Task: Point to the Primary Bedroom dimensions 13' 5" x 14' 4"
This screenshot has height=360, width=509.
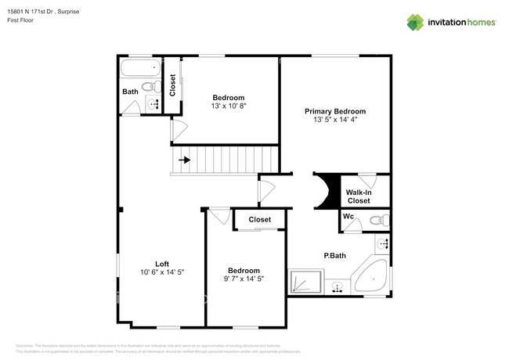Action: [x=334, y=121]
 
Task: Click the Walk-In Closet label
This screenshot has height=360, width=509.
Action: [x=359, y=196]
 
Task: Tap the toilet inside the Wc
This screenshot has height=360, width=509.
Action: [x=378, y=221]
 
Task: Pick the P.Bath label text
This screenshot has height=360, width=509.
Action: [x=335, y=256]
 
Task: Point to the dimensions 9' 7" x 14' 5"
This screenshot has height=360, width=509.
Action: [x=244, y=279]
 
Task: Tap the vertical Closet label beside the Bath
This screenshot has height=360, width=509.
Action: [x=172, y=85]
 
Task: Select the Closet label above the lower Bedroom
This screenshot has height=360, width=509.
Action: [x=259, y=220]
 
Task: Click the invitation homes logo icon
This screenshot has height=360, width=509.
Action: [x=416, y=22]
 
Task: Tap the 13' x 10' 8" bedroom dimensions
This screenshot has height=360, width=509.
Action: [x=228, y=106]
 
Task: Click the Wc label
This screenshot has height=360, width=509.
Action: [x=348, y=216]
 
